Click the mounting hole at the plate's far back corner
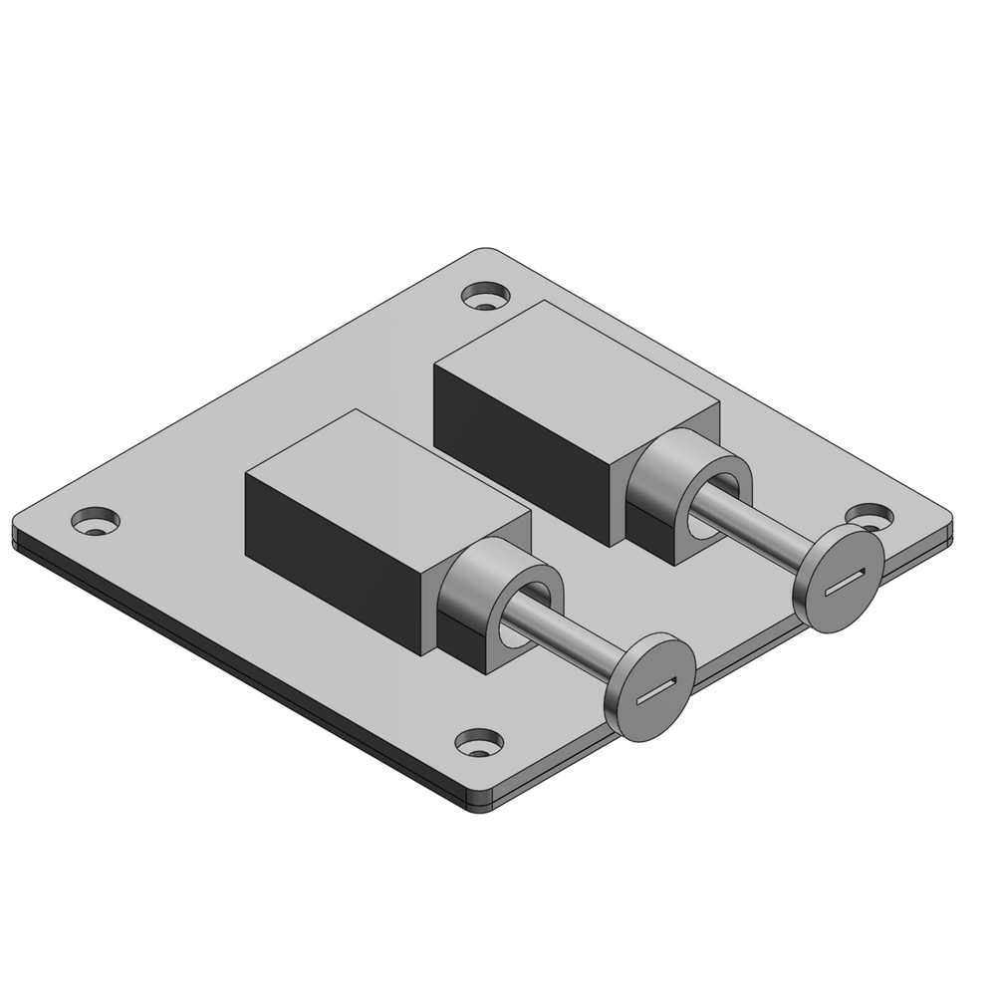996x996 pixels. click(x=485, y=296)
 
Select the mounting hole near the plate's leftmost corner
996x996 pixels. click(x=96, y=520)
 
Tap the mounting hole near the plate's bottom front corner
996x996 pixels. click(x=479, y=742)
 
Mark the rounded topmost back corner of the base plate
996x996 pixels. click(x=485, y=252)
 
